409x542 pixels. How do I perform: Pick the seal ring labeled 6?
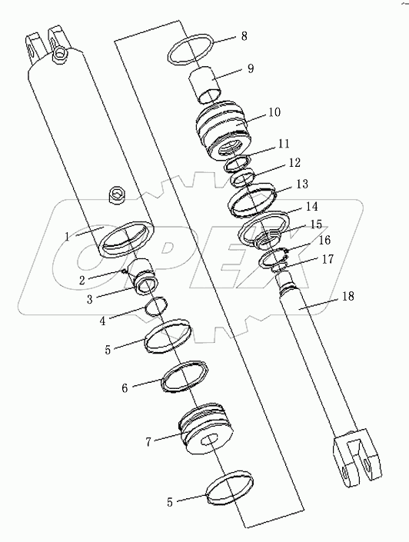tap(185, 377)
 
